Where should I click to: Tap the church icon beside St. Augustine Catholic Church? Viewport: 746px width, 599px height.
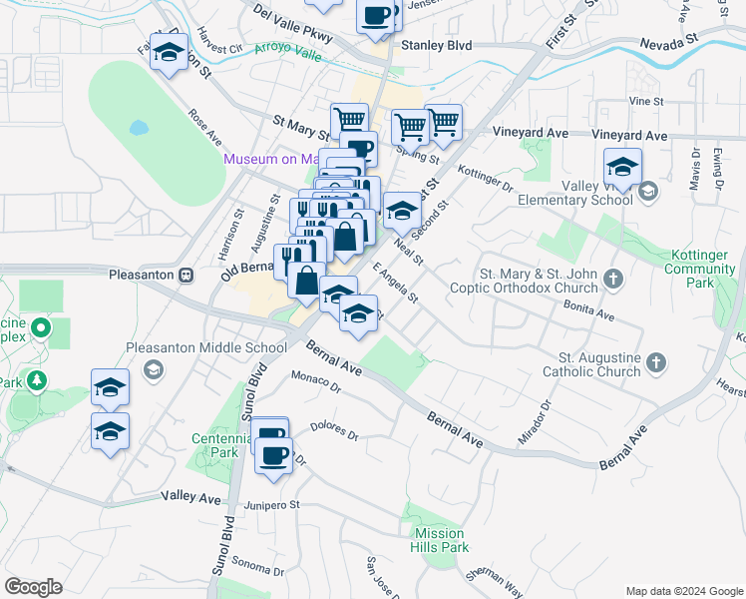656,362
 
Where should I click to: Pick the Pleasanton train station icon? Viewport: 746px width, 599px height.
186,275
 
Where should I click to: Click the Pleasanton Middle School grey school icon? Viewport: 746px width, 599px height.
153,370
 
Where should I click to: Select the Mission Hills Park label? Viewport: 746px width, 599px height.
441,540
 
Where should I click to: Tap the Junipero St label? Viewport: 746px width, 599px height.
271,506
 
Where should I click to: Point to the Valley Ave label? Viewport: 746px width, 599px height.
190,496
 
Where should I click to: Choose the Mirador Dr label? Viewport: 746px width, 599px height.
535,423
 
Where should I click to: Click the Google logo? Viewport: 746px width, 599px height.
34,586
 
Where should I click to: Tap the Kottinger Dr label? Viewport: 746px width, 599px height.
486,179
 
